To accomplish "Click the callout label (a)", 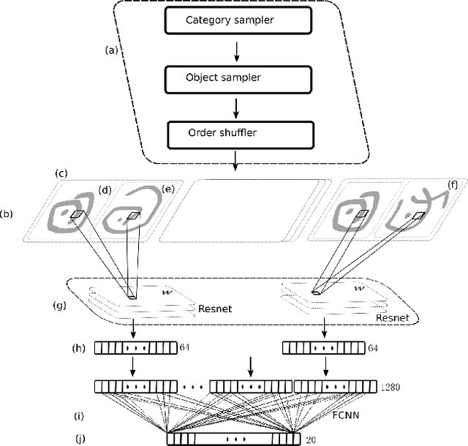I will click(112, 50).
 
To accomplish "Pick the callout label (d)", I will click(106, 189).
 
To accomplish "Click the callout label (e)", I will click(168, 189).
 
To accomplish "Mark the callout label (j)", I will click(81, 439).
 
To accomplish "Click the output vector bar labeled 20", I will click(234, 439).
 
